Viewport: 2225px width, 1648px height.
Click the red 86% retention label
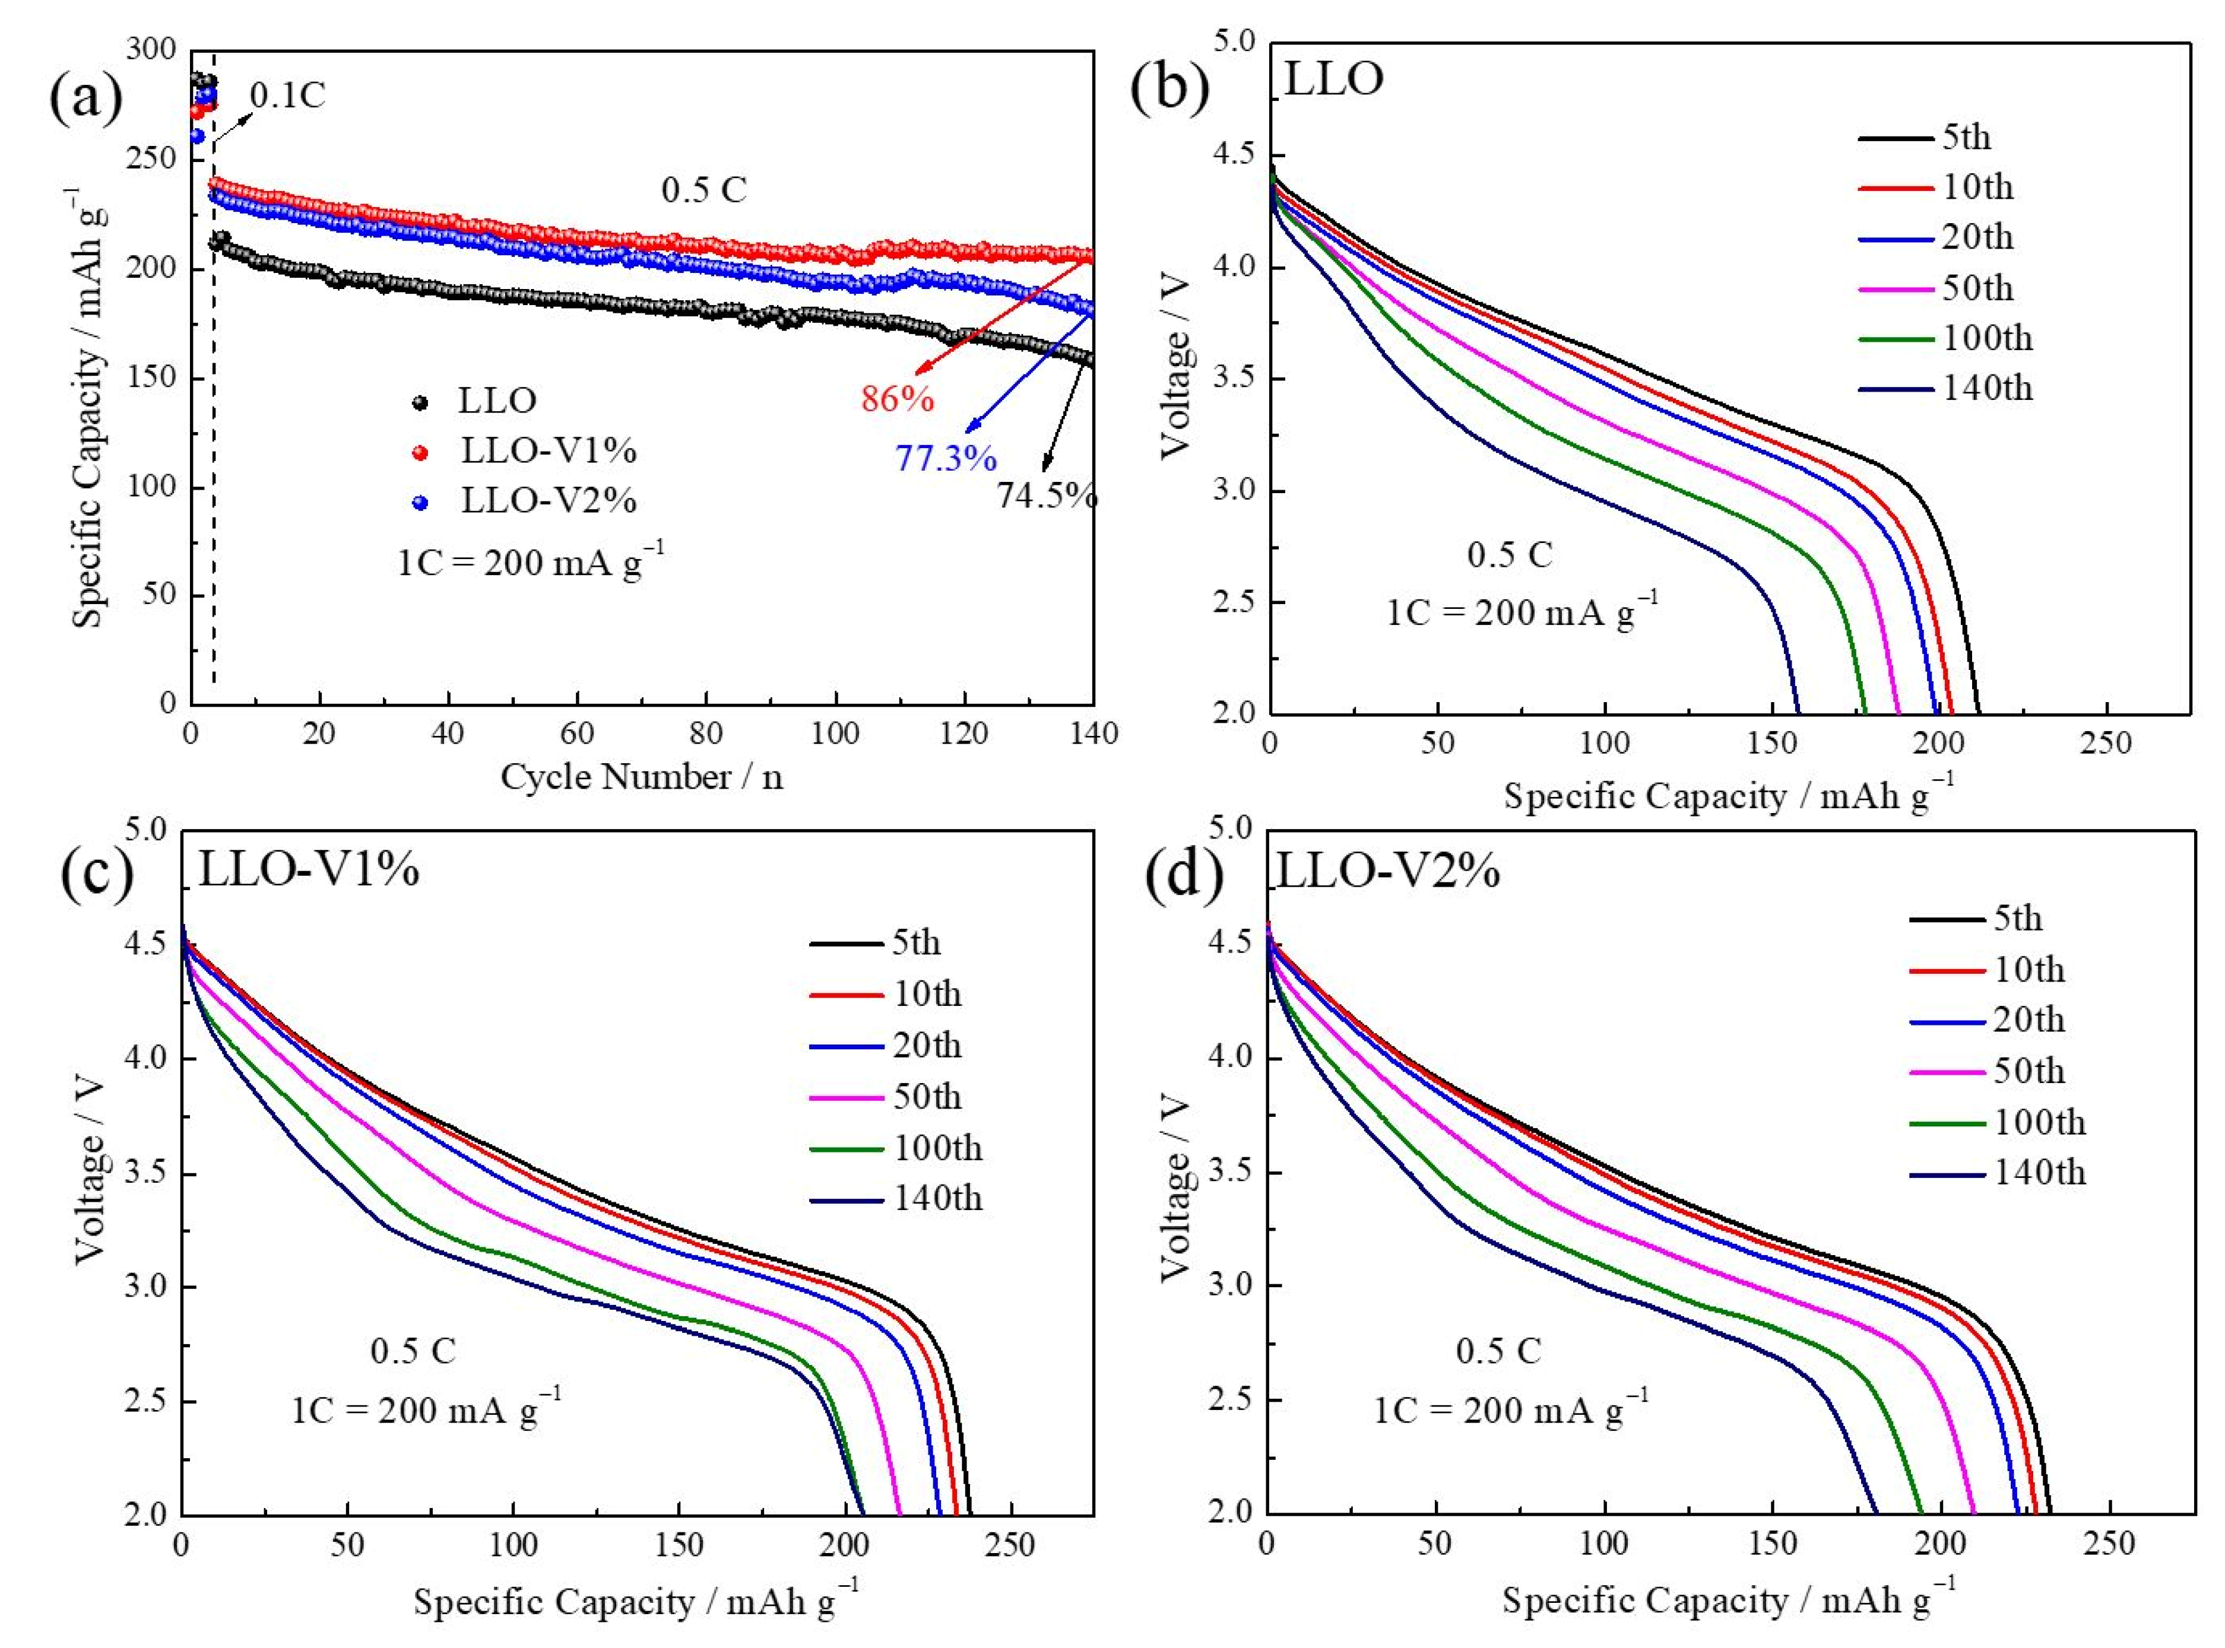pyautogui.click(x=897, y=399)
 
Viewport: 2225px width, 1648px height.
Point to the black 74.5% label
pyautogui.click(x=1047, y=495)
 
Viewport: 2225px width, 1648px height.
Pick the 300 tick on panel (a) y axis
pyautogui.click(x=153, y=50)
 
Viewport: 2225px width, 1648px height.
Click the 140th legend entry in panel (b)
pyautogui.click(x=1986, y=388)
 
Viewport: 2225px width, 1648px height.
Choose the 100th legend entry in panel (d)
pyautogui.click(x=2039, y=1122)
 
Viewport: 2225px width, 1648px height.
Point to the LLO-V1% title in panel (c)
pyautogui.click(x=308, y=870)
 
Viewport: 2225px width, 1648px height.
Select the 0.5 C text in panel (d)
pyautogui.click(x=1498, y=1352)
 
